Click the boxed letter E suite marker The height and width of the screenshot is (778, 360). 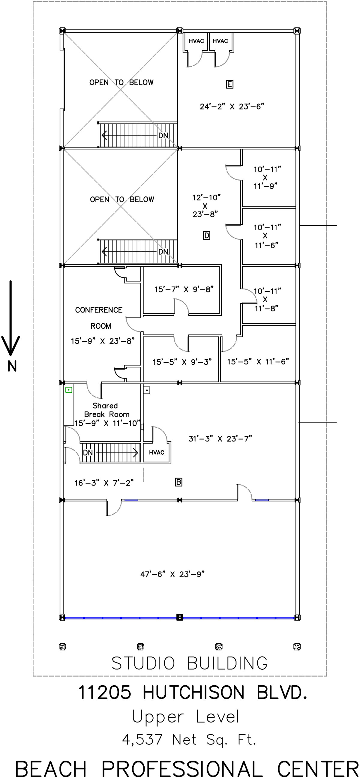(229, 84)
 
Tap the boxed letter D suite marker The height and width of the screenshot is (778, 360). (207, 235)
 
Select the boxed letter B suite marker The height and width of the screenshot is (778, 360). (178, 482)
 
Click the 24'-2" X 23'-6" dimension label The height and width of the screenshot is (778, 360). (232, 106)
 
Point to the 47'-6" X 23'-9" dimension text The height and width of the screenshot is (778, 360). (172, 574)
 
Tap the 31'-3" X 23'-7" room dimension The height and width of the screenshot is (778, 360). (220, 438)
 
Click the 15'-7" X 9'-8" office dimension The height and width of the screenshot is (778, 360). (184, 289)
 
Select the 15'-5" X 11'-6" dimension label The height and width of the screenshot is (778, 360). (258, 361)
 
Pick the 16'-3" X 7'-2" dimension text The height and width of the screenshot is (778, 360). (104, 483)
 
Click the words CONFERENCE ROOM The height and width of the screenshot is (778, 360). (99, 318)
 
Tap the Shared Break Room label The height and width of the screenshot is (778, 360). (106, 410)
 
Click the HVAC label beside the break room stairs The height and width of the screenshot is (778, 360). (156, 452)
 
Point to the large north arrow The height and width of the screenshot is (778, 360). (10, 318)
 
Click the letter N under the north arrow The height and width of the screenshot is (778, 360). (12, 366)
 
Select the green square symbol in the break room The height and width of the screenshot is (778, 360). (69, 390)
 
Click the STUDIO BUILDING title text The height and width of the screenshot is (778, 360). (190, 663)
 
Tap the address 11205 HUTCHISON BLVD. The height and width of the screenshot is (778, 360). (193, 692)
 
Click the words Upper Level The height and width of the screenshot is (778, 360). (185, 717)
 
